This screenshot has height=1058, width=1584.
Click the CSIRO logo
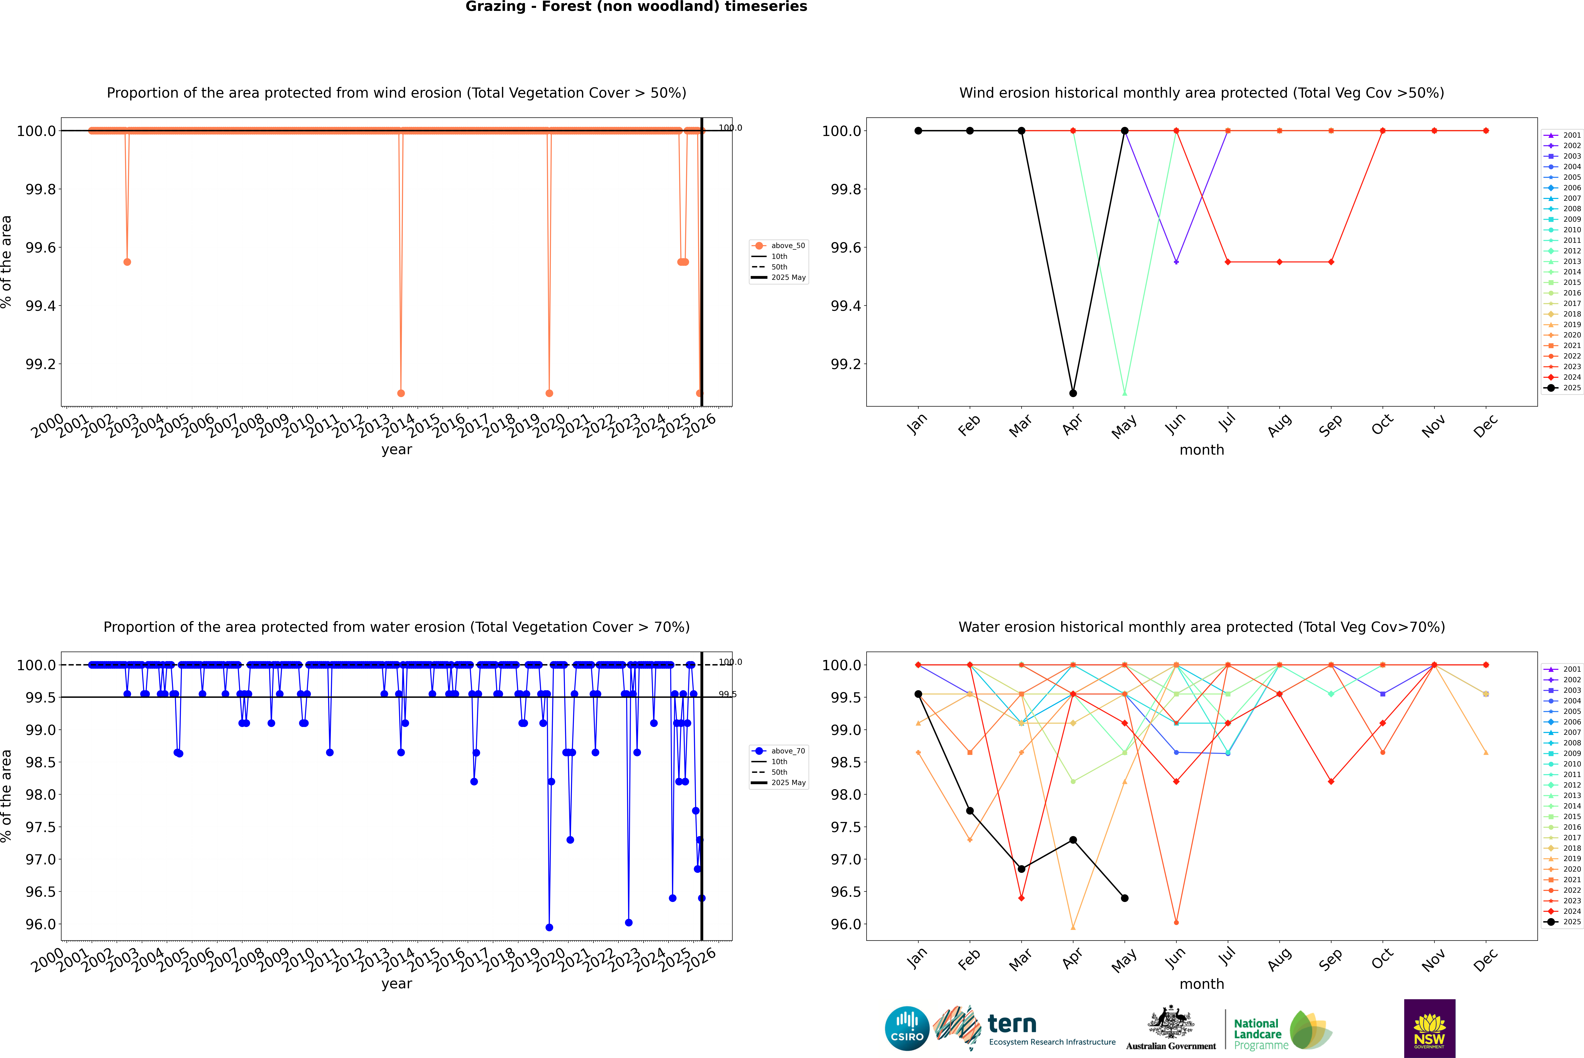[907, 1028]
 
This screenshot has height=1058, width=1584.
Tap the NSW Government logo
[1429, 1028]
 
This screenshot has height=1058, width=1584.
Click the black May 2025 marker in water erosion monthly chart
[1124, 898]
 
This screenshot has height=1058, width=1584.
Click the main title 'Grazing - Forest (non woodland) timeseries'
[636, 7]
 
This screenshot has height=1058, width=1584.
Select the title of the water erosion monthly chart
[1201, 627]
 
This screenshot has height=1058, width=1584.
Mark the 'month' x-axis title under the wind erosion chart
[1201, 450]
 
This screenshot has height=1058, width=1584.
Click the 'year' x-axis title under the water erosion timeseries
[396, 984]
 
